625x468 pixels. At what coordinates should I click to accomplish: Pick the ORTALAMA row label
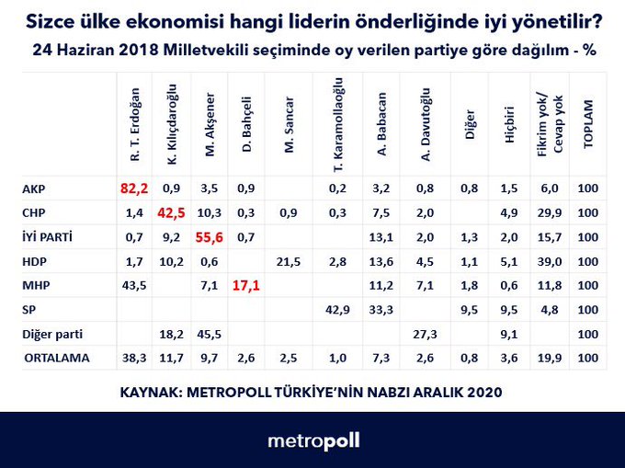(x=55, y=357)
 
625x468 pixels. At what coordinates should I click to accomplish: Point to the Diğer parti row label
(x=50, y=333)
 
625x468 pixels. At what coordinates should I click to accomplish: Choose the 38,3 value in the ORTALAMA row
(x=134, y=357)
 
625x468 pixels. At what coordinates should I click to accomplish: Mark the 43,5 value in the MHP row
(x=134, y=284)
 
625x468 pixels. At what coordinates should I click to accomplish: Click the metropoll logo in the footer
(x=313, y=441)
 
